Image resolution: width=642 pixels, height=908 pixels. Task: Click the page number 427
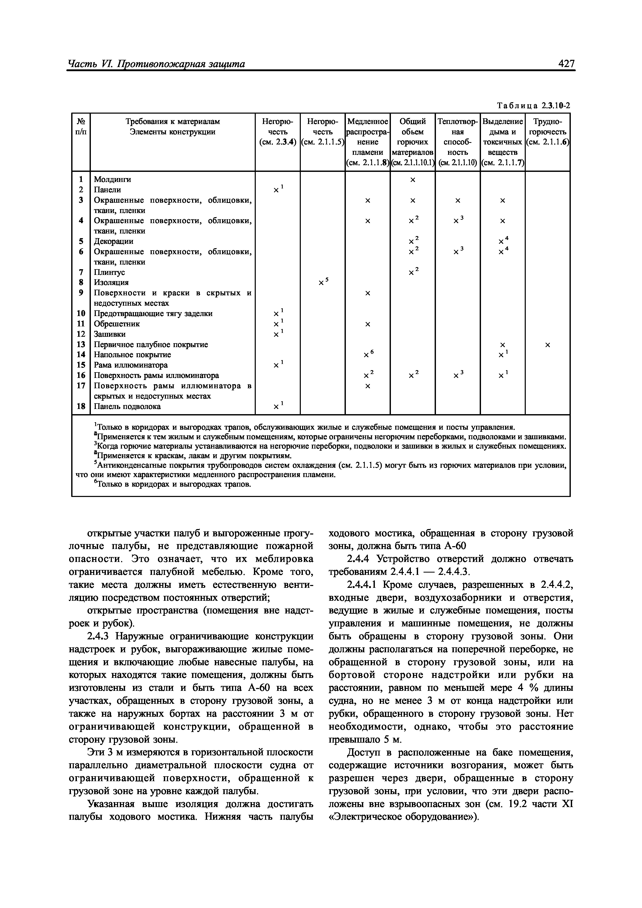point(566,64)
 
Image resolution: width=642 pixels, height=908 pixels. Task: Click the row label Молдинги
point(112,180)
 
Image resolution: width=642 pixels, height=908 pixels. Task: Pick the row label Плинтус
point(109,272)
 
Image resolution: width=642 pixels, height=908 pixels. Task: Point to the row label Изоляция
point(111,282)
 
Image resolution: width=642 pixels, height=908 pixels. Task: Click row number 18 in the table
point(81,406)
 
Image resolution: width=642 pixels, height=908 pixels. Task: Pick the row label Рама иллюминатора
point(130,365)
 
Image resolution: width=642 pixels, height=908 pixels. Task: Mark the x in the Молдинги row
point(413,180)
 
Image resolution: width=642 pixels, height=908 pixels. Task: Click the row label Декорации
point(114,241)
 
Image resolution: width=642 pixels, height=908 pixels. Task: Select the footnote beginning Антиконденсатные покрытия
point(320,470)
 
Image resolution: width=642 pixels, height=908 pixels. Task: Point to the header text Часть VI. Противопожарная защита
point(157,64)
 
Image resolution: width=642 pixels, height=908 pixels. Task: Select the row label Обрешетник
point(117,324)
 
